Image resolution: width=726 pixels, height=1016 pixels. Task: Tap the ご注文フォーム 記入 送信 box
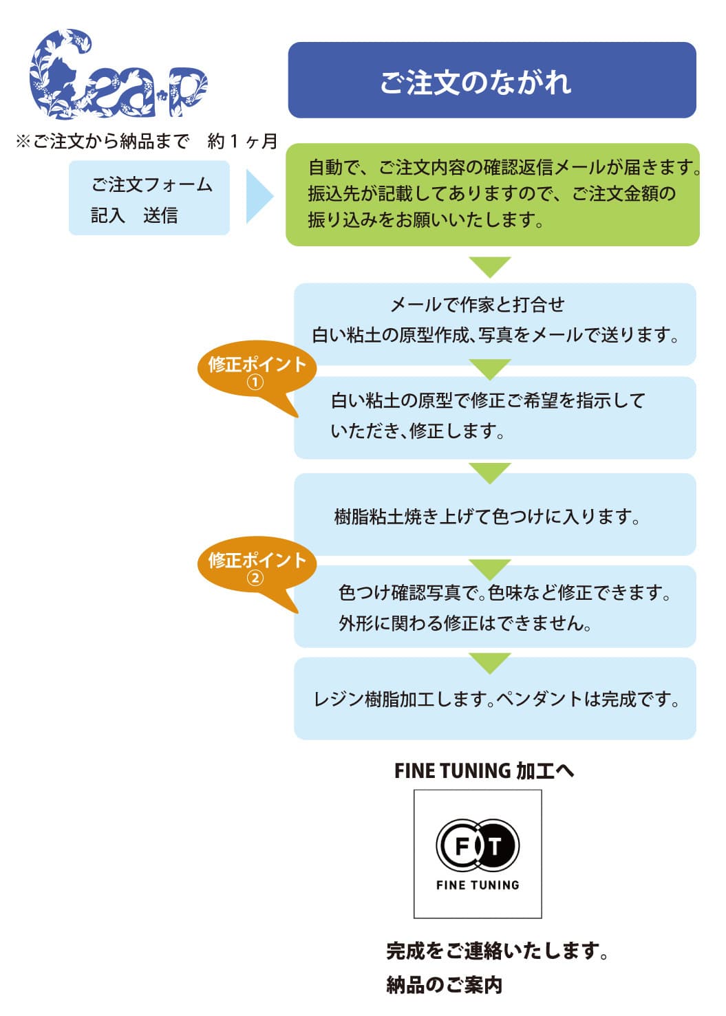[x=149, y=198]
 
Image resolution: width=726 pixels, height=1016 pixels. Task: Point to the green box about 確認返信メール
[x=492, y=194]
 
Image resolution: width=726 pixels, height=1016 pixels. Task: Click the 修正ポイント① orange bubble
[x=257, y=370]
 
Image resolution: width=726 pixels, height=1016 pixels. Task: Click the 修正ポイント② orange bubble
[x=257, y=566]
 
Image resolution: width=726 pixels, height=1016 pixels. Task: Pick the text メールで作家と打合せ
[x=478, y=305]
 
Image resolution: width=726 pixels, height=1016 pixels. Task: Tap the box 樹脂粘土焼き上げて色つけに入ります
[x=494, y=516]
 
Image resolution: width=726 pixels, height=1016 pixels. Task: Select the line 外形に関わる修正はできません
[x=465, y=624]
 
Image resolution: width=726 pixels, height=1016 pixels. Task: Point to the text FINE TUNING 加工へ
[x=484, y=771]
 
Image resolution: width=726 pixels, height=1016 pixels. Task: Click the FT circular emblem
[x=478, y=846]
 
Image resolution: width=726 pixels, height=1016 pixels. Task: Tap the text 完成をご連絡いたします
[x=496, y=951]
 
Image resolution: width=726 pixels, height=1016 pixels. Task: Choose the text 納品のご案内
[x=445, y=985]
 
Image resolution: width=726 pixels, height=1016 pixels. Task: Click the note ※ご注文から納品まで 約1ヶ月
[x=147, y=142]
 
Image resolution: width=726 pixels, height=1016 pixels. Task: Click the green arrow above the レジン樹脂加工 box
[x=490, y=662]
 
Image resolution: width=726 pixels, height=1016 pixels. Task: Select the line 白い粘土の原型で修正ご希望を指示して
[x=488, y=400]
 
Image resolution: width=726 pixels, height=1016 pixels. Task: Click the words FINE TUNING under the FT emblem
[x=478, y=885]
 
